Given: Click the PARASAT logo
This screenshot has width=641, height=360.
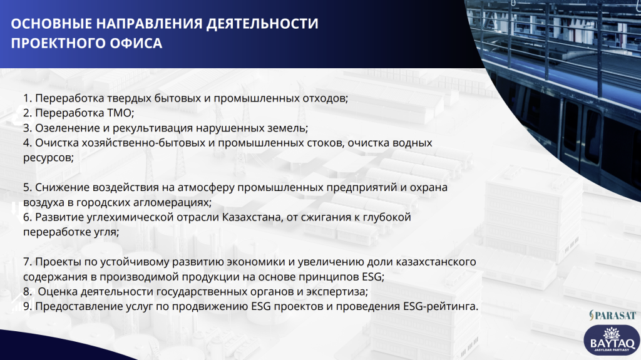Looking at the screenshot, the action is pyautogui.click(x=612, y=315).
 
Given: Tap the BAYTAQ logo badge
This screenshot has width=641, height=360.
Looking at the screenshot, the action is pyautogui.click(x=612, y=340).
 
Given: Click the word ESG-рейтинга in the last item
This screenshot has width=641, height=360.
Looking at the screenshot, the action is pyautogui.click(x=440, y=306).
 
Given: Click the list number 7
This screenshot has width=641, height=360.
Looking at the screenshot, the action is pyautogui.click(x=28, y=262).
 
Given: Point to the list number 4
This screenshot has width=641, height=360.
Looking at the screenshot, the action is pyautogui.click(x=28, y=143).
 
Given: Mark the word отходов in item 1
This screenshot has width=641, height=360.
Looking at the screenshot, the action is pyautogui.click(x=325, y=98).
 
